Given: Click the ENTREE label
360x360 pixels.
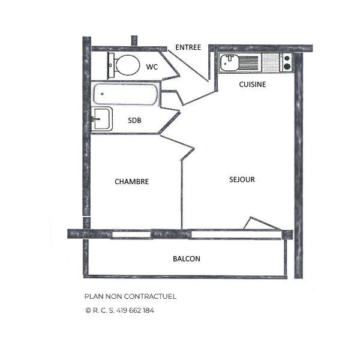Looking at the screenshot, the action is pos(188,47).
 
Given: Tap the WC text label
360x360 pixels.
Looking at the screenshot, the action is pos(152,67).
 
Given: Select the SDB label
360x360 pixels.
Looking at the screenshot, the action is pos(134,121).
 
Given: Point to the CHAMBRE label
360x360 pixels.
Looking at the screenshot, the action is pos(132,182).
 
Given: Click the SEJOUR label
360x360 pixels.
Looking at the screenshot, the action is pos(242,179).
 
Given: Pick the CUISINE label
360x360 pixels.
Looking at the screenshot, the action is pos(253,85).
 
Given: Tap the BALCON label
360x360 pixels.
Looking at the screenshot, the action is pos(187,259).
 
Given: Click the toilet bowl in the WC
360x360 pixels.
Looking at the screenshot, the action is pos(128,65).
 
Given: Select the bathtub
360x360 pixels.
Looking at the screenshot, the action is pos(125,94).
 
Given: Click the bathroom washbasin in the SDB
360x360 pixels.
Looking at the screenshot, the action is pos(102,119).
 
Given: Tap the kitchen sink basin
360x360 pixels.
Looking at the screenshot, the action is pos(229,62).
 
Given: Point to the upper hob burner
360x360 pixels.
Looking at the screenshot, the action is pos(287,58).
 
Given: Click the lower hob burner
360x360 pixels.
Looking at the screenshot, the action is pos(287,67).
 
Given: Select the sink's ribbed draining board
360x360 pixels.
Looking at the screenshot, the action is pos(249,62).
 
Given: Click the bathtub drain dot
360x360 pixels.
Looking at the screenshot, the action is pos(103,94).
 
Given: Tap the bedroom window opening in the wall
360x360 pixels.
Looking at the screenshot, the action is pos(131,235).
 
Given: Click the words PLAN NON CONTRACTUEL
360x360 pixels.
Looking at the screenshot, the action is pos(130,296).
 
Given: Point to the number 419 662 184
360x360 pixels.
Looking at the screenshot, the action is pos(135,310).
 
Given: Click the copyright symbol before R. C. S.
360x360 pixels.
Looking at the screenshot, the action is pos(88,311).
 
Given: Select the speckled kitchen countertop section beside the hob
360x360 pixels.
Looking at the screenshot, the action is pos(271,62).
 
